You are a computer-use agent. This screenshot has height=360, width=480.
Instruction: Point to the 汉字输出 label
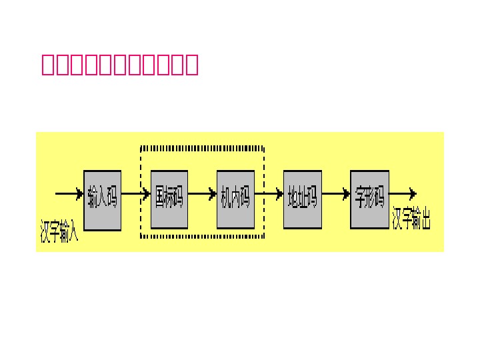(412, 218)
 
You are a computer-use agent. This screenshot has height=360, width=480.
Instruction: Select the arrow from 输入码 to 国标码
(136, 195)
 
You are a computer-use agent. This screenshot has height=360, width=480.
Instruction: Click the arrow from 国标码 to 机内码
(202, 195)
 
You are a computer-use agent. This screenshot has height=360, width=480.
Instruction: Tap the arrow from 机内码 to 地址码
(269, 195)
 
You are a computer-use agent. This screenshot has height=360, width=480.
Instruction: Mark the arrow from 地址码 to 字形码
(335, 195)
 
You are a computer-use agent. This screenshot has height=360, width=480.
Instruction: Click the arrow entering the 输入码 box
(69, 194)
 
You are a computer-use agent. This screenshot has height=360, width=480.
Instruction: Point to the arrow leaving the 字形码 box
(403, 194)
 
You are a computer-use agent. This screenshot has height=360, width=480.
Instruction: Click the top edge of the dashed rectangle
(202, 147)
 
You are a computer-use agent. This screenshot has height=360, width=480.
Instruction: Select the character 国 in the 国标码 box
(160, 198)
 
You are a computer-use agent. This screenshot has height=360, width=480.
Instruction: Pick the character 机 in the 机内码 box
(227, 198)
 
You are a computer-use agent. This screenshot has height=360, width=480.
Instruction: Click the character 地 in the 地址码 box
(293, 198)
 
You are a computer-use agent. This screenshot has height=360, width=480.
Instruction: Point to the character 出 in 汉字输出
(424, 218)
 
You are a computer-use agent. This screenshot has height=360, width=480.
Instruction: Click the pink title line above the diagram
(119, 65)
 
